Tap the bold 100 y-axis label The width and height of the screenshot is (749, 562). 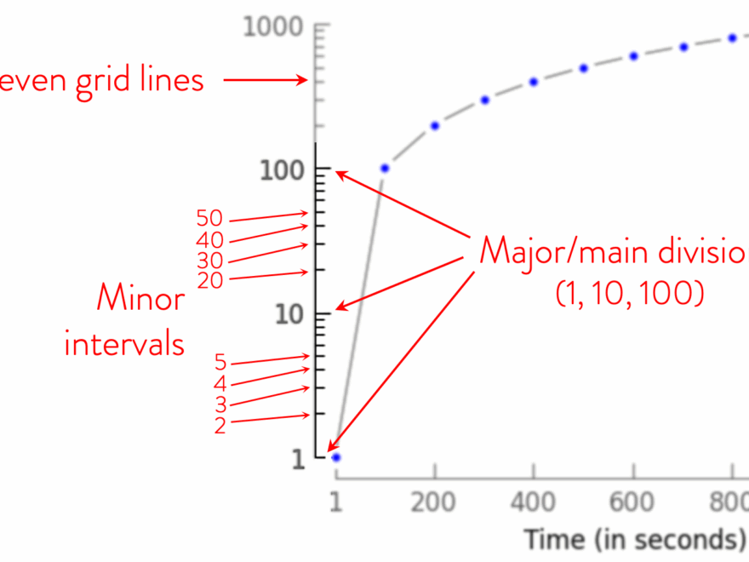[x=283, y=170]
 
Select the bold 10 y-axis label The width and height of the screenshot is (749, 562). [x=289, y=316]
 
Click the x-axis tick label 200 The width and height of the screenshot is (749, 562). [x=434, y=502]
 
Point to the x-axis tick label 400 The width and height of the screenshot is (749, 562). [x=533, y=502]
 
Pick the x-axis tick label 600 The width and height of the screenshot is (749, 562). [x=632, y=502]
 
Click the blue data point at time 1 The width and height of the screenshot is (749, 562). [x=336, y=457]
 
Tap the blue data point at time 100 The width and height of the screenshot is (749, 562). [x=385, y=169]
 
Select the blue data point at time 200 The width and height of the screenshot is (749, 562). [x=434, y=125]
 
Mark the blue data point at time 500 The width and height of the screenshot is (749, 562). [x=583, y=68]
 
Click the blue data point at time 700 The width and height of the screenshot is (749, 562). [x=683, y=47]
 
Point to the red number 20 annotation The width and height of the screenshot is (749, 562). [x=209, y=280]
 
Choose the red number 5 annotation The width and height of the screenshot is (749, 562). [x=220, y=364]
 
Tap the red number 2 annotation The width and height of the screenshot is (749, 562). [x=220, y=425]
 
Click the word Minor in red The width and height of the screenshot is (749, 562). [x=140, y=300]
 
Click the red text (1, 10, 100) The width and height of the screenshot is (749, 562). [x=629, y=294]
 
